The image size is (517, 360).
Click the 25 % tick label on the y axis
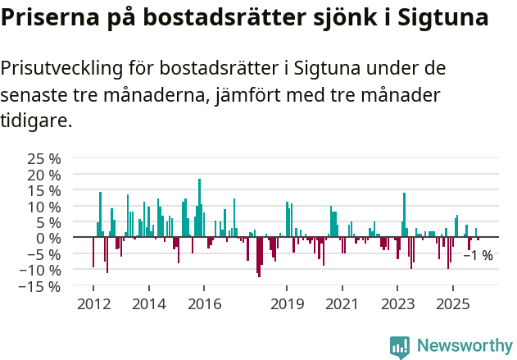tap(43, 158)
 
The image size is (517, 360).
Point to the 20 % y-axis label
tap(43, 175)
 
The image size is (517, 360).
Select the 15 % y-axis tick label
tap(43, 190)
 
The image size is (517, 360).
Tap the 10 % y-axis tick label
tap(43, 207)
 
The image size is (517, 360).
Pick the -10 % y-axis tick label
tap(40, 270)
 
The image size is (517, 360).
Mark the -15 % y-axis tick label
tap(40, 286)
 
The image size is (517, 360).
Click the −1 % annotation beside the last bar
tap(478, 256)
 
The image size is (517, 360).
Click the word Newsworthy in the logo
tap(465, 346)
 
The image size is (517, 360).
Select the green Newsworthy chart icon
tap(400, 347)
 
